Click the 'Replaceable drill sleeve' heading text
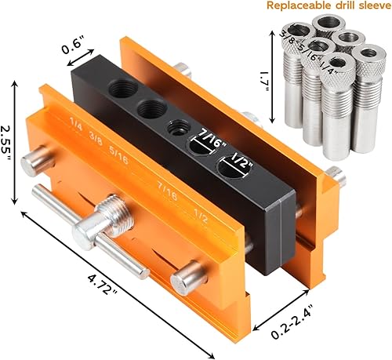[x=321, y=7]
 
